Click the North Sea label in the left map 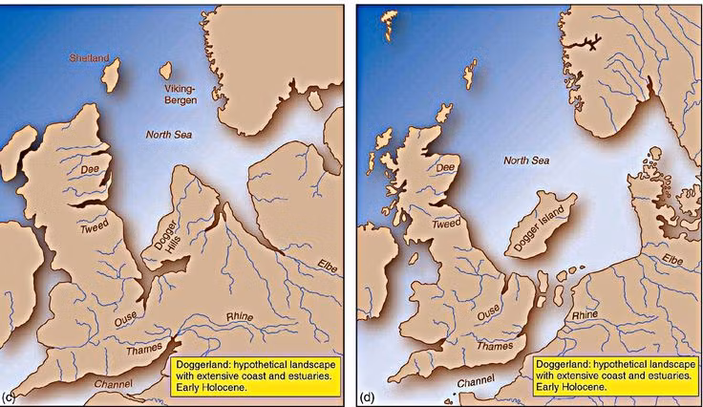tap(168, 135)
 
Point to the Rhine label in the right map tap(585, 313)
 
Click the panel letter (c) tap(9, 395)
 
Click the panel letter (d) tap(368, 396)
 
